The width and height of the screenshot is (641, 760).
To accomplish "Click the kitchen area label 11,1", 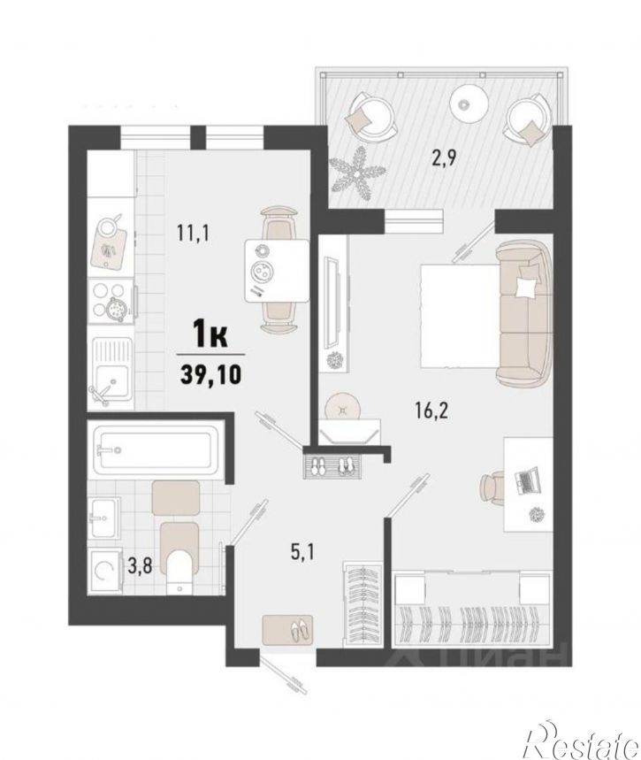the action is coord(193,234).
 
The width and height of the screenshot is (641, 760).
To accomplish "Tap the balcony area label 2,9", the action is coord(445,158).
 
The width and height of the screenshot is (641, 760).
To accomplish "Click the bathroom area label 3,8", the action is coord(140,565).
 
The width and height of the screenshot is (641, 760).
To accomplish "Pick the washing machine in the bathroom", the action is coord(104,571).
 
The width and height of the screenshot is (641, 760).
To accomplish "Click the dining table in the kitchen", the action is coord(277,271).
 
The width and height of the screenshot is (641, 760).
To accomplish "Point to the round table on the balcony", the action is coord(468,104).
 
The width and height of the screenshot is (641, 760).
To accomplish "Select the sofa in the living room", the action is coord(524,313).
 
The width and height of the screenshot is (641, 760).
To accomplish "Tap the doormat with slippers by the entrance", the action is coord(288,630).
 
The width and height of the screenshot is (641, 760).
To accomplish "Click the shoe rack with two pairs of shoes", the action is coord(332,466).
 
